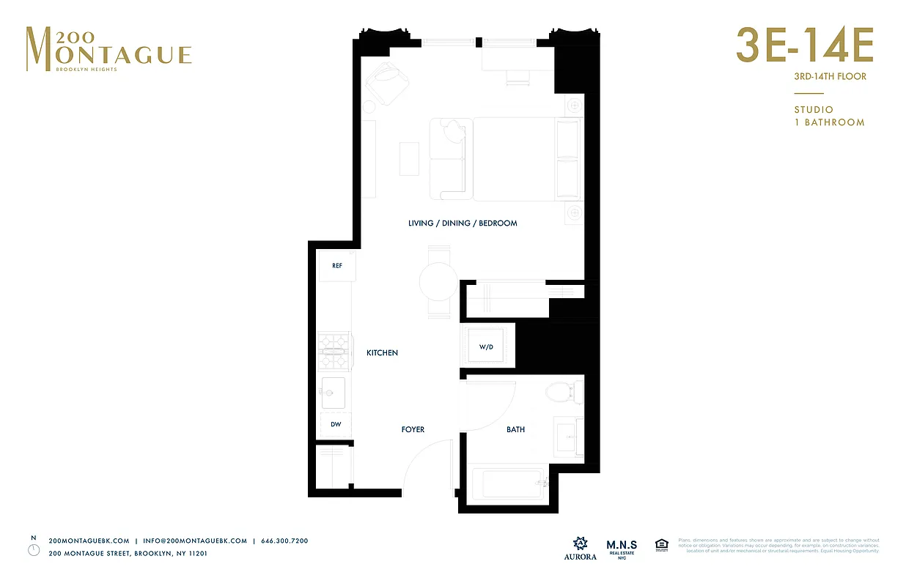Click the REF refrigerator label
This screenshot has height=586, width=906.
tap(337, 266)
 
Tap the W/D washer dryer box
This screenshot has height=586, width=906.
tap(486, 346)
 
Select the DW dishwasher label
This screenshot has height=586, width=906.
tap(336, 425)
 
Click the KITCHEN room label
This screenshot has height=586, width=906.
tap(382, 353)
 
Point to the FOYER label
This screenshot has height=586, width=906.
tap(413, 429)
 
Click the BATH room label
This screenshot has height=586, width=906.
tap(515, 429)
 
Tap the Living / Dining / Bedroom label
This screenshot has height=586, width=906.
tap(463, 223)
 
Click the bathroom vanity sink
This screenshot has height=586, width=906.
tap(567, 437)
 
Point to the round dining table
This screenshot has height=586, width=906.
tap(438, 282)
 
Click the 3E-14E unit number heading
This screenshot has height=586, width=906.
tap(804, 47)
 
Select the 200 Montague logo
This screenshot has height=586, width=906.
tap(108, 49)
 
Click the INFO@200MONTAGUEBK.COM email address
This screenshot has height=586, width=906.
tap(195, 541)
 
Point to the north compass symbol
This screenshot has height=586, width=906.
tap(33, 549)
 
